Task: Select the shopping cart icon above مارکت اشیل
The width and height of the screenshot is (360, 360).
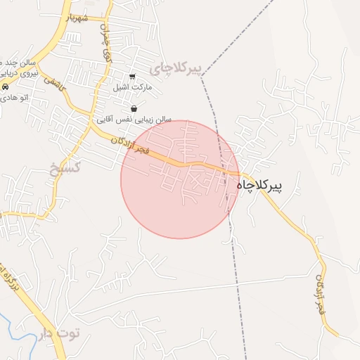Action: tap(131, 77)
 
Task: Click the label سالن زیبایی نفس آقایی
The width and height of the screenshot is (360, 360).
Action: tap(134, 120)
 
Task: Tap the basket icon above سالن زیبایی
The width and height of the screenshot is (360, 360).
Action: tap(134, 108)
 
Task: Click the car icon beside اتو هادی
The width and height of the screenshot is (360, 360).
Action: tap(6, 86)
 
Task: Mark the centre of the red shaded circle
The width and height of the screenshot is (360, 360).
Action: tap(180, 179)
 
